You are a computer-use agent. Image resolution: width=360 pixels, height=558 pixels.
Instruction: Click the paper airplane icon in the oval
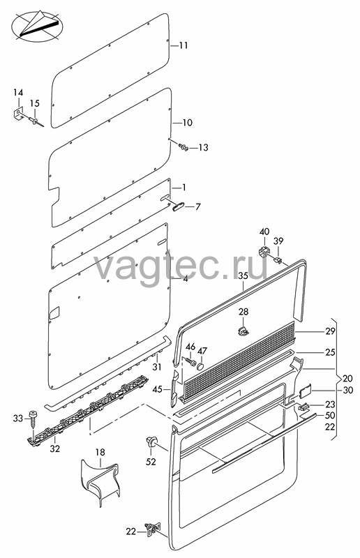click(x=38, y=24)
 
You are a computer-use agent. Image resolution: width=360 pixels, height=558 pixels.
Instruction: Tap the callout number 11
click(x=183, y=46)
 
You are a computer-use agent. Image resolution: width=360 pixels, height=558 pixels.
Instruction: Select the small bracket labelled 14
click(x=18, y=114)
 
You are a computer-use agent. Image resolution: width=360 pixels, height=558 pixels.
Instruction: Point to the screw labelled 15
click(x=37, y=121)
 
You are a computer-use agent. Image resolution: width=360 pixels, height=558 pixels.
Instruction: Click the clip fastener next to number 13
click(x=183, y=146)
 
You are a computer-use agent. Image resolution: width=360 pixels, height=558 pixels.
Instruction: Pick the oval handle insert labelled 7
click(x=179, y=206)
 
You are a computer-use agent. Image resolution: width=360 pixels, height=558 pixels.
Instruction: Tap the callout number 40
click(x=264, y=232)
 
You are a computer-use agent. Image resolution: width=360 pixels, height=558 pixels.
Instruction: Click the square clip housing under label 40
click(x=264, y=251)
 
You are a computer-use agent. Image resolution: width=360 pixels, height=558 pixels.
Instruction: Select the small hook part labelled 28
click(x=243, y=331)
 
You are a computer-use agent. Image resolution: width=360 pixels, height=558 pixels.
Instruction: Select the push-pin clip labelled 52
click(x=151, y=442)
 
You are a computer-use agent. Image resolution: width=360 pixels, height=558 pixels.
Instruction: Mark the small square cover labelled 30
click(x=305, y=391)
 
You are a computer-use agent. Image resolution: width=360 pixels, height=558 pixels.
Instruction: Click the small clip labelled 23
click(x=303, y=406)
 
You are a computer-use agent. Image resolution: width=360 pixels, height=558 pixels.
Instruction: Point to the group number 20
click(x=347, y=378)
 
